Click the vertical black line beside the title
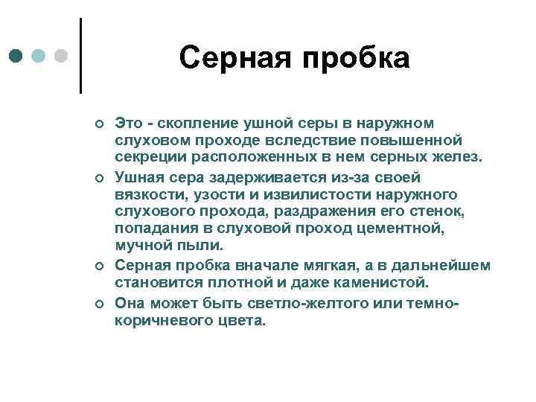click(80, 56)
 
